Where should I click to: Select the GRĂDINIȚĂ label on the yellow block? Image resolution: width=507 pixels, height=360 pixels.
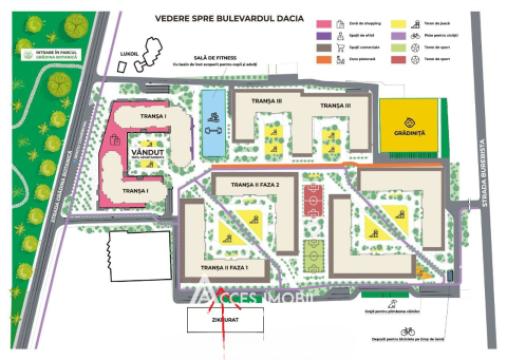[409, 132]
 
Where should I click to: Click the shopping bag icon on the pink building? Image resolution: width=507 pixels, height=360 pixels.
[120, 138]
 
